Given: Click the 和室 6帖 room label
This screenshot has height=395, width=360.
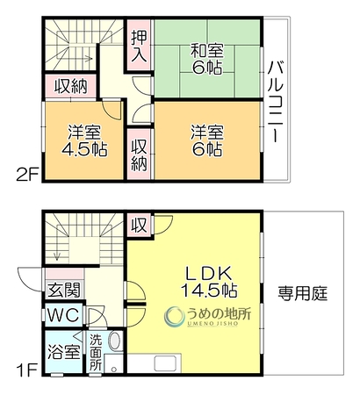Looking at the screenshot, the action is click(206, 59).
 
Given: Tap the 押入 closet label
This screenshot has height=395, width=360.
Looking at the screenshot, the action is click(139, 46).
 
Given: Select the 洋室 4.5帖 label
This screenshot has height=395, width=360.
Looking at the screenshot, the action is click(84, 141).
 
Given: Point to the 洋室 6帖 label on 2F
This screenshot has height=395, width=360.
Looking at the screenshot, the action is click(206, 141).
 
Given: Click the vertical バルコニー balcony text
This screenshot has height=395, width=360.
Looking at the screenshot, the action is click(276, 102).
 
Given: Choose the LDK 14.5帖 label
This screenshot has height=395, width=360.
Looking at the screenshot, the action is click(209, 282).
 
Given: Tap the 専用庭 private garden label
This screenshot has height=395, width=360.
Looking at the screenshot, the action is click(303, 293).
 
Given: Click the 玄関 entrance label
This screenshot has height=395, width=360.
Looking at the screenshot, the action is click(64, 291).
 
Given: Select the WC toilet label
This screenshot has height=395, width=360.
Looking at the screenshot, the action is click(63, 315).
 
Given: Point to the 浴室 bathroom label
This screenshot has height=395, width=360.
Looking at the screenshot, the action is click(64, 351).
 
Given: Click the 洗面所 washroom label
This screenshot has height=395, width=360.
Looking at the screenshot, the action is click(96, 352).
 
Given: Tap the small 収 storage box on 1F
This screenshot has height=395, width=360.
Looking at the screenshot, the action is click(139, 225).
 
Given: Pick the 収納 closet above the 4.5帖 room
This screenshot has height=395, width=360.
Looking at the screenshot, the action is click(71, 86).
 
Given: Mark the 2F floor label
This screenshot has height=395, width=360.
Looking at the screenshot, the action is click(27, 176).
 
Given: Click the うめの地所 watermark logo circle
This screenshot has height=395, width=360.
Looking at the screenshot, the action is click(174, 316).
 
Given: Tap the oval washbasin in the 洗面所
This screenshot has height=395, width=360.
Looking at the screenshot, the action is click(115, 341).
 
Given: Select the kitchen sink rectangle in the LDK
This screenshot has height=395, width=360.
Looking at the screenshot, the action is click(166, 364).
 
